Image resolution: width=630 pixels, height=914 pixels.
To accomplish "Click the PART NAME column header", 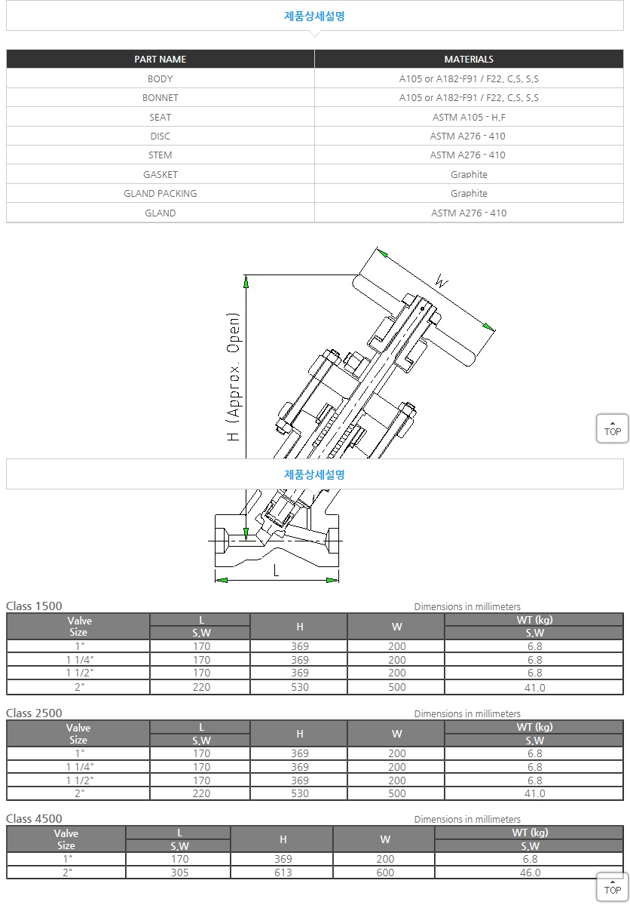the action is tap(161, 59).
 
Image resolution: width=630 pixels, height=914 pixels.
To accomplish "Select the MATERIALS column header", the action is tap(469, 59).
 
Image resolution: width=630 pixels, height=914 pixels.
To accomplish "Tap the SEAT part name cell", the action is tap(161, 117).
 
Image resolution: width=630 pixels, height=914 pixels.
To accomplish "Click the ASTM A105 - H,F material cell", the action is tap(469, 117).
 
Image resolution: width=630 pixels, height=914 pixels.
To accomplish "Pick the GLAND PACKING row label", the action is tap(161, 193).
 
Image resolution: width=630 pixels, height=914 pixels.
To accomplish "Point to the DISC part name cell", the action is tap(161, 136).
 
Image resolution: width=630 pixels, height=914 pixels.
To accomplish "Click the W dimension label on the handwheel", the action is tap(441, 281).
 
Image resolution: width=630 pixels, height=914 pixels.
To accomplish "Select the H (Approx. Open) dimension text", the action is tap(234, 376).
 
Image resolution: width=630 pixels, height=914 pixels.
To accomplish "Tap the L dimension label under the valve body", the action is tap(276, 570).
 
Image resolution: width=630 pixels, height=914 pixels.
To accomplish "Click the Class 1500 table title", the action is tap(34, 606).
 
